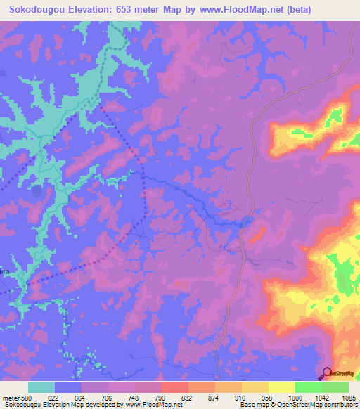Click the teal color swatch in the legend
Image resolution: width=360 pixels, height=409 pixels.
(41, 387)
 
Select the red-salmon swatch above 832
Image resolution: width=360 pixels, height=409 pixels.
(174, 387)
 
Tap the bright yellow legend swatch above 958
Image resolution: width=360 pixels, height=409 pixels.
(281, 387)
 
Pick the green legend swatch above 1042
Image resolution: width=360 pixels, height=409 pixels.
(308, 387)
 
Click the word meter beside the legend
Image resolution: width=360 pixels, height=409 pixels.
(11, 397)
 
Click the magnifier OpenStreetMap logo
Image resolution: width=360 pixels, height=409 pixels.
(327, 373)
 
